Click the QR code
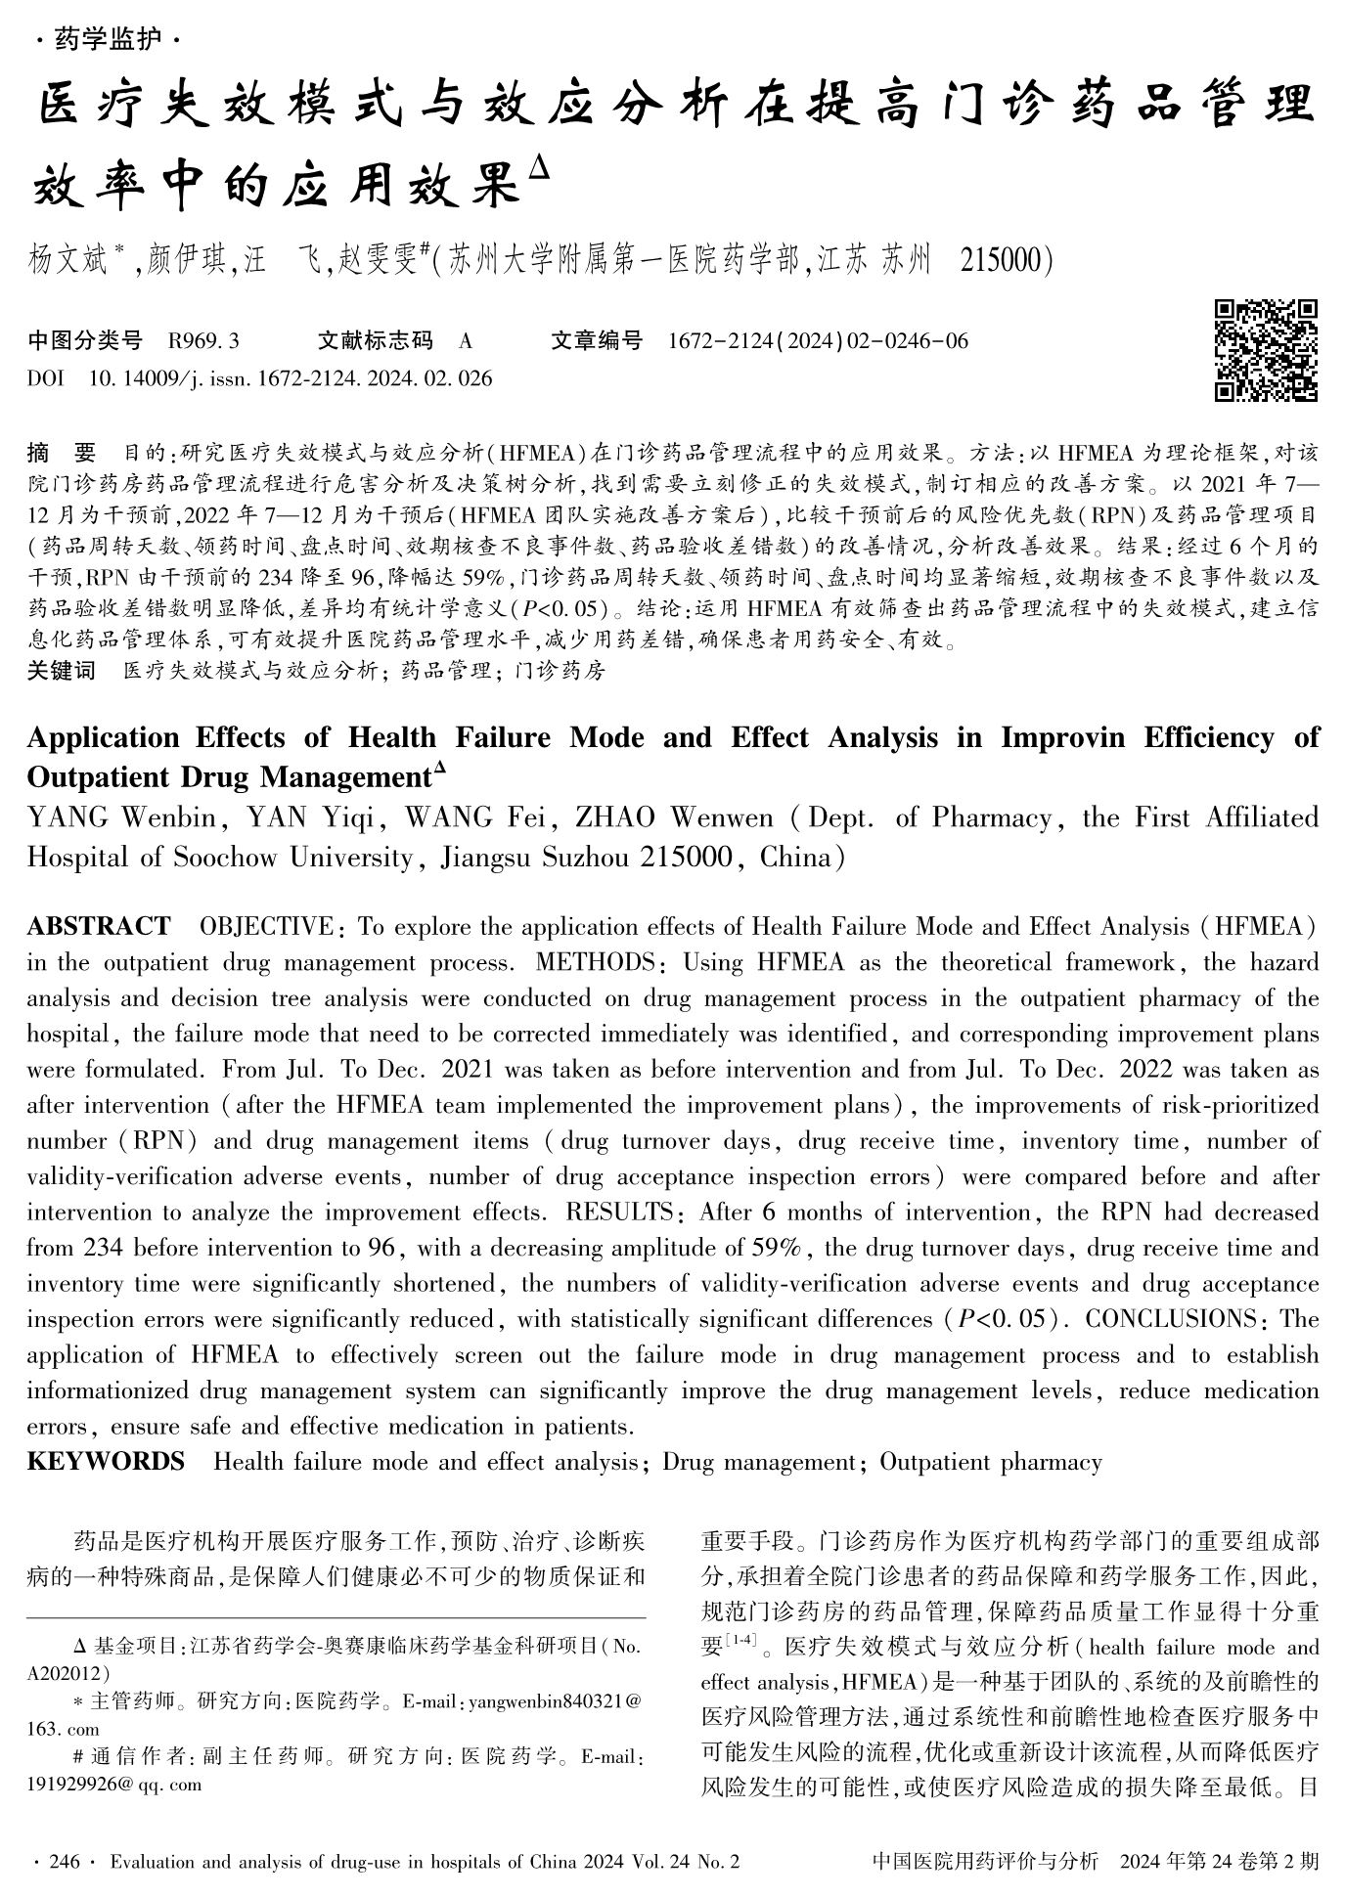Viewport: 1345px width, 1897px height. click(1266, 350)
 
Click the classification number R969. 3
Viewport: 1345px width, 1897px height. click(203, 341)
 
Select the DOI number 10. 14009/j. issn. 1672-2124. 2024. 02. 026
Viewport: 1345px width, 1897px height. click(291, 378)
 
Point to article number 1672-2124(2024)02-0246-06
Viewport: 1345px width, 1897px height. click(818, 341)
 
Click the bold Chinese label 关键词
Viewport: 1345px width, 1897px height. click(61, 671)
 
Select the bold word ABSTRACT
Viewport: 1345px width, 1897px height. click(98, 927)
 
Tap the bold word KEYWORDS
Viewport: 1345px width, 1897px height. click(106, 1462)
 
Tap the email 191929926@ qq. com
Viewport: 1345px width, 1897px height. click(114, 1785)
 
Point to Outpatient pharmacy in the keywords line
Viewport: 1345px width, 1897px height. click(990, 1462)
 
